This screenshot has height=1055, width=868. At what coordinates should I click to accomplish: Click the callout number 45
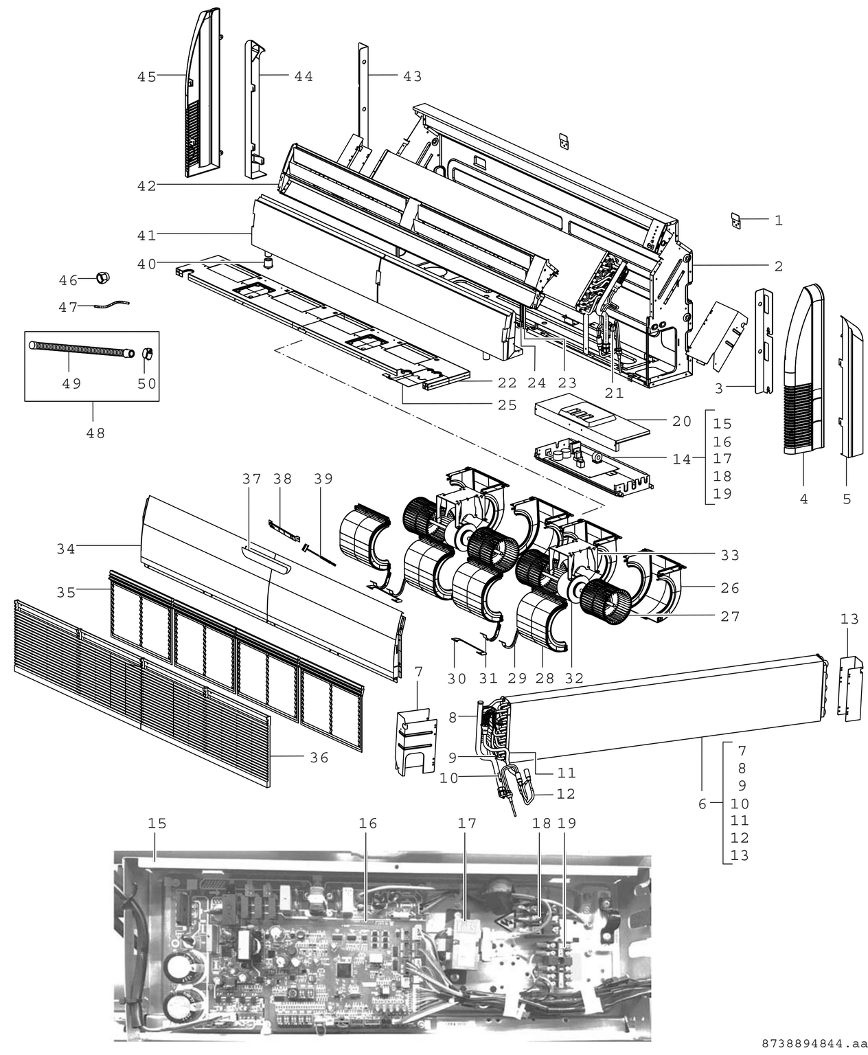pyautogui.click(x=146, y=77)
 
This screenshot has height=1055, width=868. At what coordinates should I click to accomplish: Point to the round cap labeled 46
pyautogui.click(x=103, y=278)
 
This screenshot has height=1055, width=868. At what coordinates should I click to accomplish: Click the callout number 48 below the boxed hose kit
pyautogui.click(x=95, y=433)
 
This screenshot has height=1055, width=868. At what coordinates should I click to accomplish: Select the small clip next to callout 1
pyautogui.click(x=735, y=220)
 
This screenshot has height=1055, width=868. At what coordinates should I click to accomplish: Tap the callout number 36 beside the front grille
pyautogui.click(x=319, y=758)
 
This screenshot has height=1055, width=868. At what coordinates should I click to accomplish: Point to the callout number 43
pyautogui.click(x=412, y=77)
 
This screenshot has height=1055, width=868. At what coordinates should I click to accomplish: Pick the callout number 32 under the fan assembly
pyautogui.click(x=574, y=678)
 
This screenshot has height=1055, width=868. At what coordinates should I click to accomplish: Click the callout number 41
pyautogui.click(x=146, y=235)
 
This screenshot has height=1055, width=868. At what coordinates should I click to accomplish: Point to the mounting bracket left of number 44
pyautogui.click(x=253, y=110)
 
